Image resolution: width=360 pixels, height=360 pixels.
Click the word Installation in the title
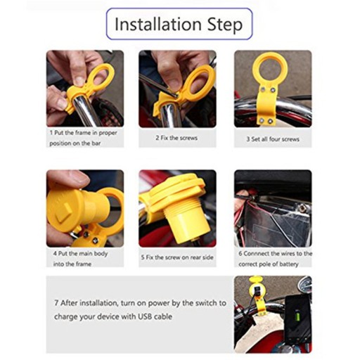click(158, 24)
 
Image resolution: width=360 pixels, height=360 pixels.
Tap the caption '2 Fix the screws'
click(176, 138)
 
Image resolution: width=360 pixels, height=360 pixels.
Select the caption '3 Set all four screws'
click(273, 139)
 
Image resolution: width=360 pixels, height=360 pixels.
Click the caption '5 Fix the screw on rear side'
click(177, 257)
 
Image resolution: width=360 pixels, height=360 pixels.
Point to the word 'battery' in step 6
click(288, 264)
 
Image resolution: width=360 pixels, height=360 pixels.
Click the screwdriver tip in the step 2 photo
click(176, 96)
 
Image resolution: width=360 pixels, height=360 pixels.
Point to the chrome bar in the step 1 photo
click(85, 111)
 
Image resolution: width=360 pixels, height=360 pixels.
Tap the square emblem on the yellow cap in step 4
click(64, 212)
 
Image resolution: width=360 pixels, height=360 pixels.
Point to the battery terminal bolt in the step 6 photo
click(304, 206)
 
